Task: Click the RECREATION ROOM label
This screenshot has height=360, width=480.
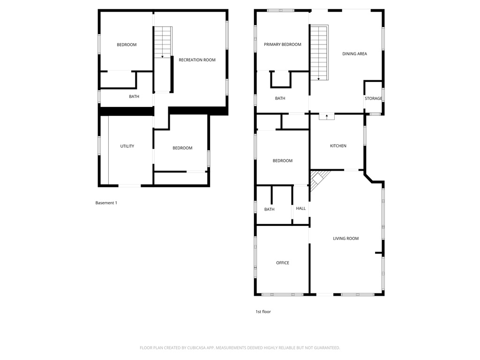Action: (197, 60)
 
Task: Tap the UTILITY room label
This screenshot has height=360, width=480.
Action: (127, 146)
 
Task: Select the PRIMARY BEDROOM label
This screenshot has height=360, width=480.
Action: (282, 45)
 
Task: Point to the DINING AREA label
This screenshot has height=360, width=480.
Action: (354, 54)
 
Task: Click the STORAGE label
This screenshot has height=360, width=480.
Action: (373, 98)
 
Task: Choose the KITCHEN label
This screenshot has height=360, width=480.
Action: (338, 146)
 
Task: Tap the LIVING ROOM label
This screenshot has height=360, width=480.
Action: (345, 239)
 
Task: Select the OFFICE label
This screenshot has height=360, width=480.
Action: (282, 263)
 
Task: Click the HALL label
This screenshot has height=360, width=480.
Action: (300, 208)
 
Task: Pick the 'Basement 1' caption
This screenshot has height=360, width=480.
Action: (106, 203)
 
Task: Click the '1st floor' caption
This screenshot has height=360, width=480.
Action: (263, 312)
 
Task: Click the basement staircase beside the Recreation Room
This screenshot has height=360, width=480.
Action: (163, 42)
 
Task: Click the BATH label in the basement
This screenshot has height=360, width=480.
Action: (134, 97)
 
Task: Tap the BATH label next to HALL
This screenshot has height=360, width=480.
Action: (269, 210)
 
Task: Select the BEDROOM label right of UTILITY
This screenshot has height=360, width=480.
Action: (182, 148)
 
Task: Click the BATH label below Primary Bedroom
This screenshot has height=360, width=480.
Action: (280, 98)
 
